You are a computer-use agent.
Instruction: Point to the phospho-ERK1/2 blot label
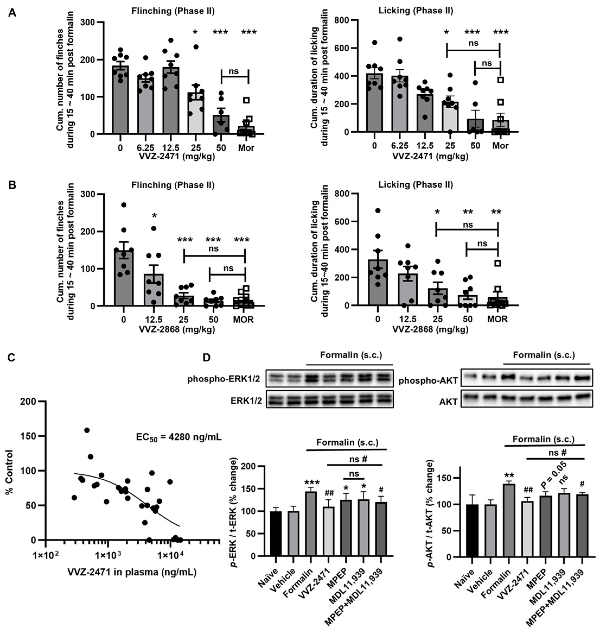pos(224,379)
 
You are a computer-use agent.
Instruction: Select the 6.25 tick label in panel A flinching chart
pos(145,148)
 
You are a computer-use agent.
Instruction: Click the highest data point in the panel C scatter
pos(87,430)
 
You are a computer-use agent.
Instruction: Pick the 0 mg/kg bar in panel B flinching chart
pos(124,277)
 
